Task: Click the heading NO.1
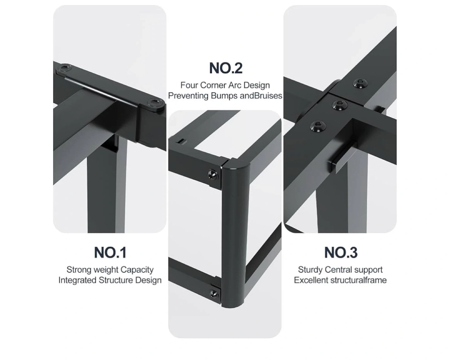coord(110,252)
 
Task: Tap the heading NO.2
coord(226,68)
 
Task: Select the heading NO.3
coord(341,252)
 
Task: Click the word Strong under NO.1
coord(79,270)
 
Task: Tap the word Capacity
coord(137,270)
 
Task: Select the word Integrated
coord(77,280)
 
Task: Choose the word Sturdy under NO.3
coord(310,270)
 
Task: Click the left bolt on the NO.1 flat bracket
coord(64,68)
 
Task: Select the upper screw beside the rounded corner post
coord(213,175)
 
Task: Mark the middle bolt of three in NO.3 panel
coord(339,105)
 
